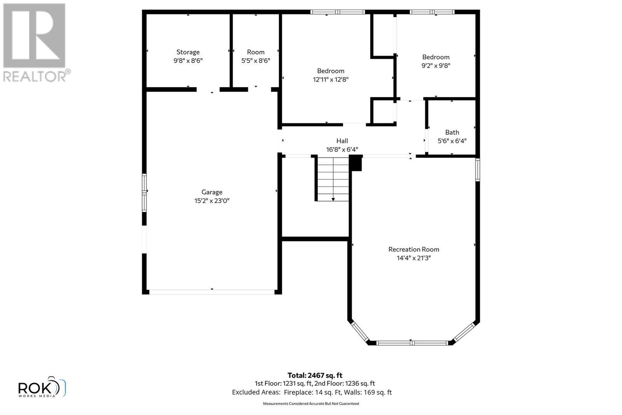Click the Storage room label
[188, 52]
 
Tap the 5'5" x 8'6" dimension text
[255, 61]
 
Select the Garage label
[212, 192]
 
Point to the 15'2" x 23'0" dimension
[212, 201]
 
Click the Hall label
[342, 141]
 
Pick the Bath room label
[452, 132]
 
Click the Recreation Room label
[414, 249]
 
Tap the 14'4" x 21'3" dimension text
[414, 258]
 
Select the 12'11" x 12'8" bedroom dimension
[330, 79]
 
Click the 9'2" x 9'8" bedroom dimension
[436, 65]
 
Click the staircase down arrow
[333, 199]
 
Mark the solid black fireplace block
[356, 163]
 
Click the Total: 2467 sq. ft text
[314, 375]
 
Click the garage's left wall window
[144, 193]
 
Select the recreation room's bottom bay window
[412, 343]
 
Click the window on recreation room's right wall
[478, 170]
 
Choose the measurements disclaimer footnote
[311, 404]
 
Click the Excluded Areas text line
[312, 392]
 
